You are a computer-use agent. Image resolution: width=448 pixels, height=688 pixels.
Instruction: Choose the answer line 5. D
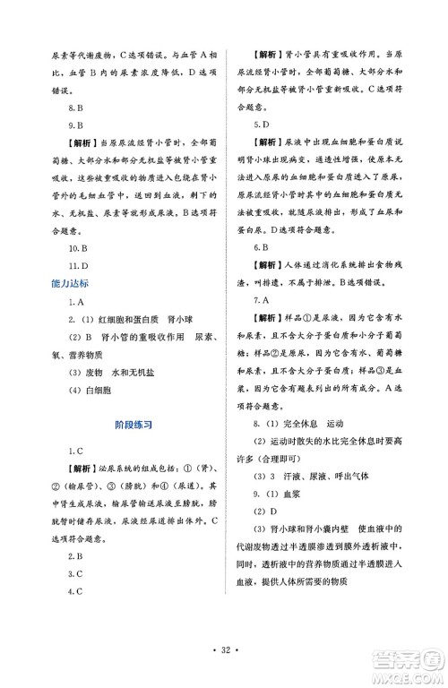(x=265, y=125)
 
